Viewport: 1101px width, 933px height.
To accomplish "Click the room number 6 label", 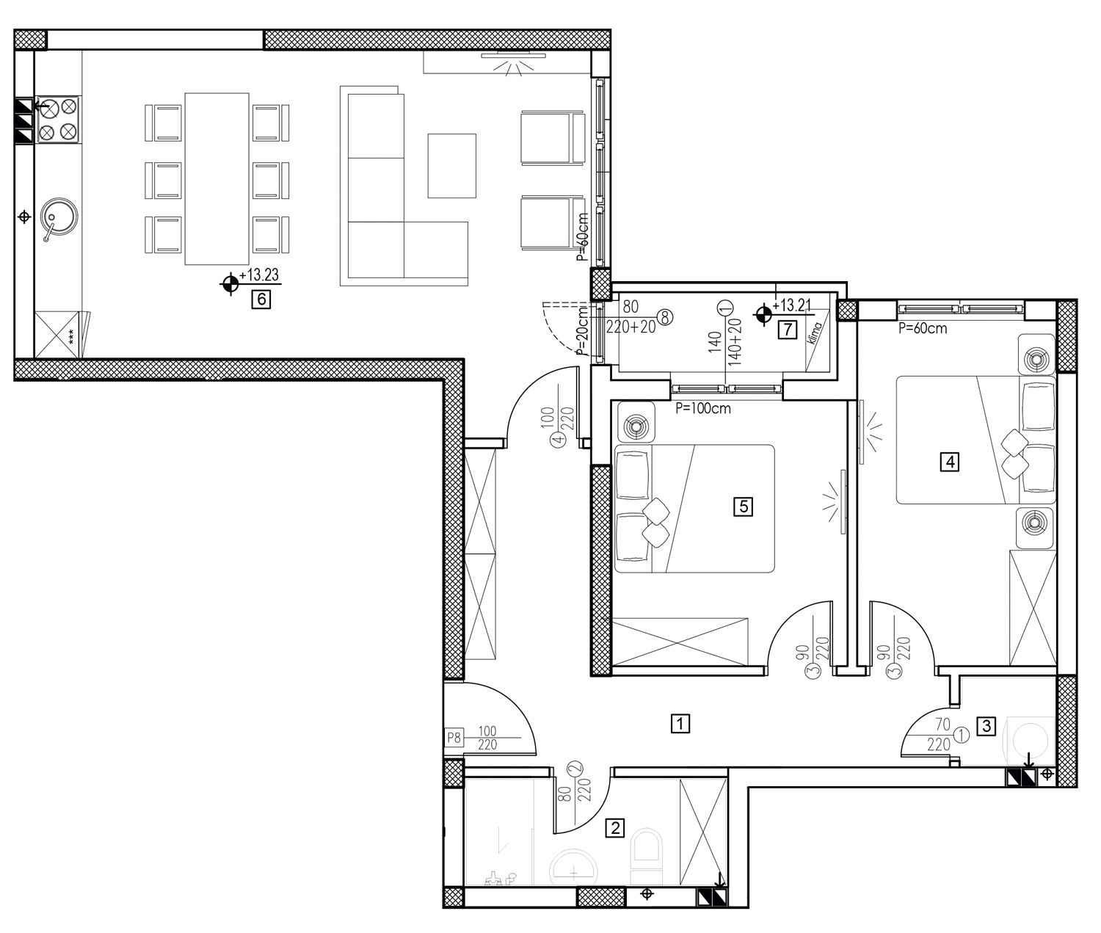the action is [261, 299].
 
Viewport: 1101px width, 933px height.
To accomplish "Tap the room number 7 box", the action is [788, 330].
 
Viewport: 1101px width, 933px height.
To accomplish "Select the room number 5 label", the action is [743, 507].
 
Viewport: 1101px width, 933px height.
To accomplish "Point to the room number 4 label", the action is [950, 462].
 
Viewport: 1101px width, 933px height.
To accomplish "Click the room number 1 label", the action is [680, 724].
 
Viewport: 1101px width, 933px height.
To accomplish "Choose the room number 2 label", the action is [615, 828].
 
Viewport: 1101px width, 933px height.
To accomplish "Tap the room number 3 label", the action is [986, 726].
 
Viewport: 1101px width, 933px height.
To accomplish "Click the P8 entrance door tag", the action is [454, 738].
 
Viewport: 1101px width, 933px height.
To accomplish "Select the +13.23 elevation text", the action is [259, 275].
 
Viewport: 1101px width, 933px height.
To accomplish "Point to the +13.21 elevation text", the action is [791, 305].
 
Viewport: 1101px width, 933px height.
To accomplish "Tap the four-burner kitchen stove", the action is [57, 120].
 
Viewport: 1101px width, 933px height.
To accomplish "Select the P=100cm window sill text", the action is [703, 409].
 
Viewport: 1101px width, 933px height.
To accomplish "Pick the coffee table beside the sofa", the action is [451, 166].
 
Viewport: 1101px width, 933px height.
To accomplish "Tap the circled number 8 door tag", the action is [665, 318].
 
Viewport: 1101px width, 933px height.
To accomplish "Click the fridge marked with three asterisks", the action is [57, 335].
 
